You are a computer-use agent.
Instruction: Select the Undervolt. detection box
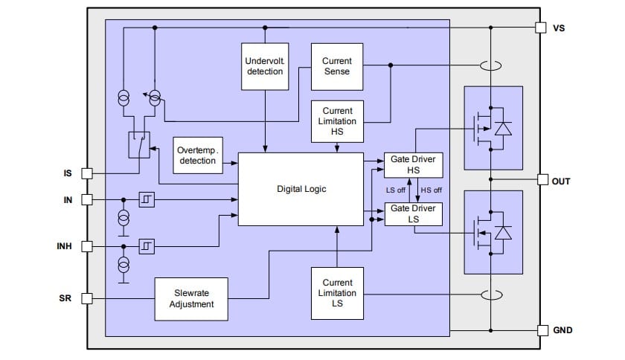(x=265, y=65)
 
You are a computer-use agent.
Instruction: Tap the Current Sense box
(x=337, y=65)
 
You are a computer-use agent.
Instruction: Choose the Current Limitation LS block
(x=337, y=292)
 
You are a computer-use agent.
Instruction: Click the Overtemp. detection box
(x=196, y=155)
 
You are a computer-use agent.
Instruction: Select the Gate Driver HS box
(x=413, y=165)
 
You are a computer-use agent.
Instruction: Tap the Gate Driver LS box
(x=413, y=213)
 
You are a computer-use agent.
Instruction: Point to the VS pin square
(x=541, y=28)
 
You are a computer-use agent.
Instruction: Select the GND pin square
(x=541, y=330)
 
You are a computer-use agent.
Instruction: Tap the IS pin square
(x=86, y=173)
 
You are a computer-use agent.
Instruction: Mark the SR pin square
(x=86, y=298)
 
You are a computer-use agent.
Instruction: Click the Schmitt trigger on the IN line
(x=147, y=199)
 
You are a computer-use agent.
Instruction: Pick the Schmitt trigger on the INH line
(x=147, y=245)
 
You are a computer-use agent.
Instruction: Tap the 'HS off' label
(x=432, y=190)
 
